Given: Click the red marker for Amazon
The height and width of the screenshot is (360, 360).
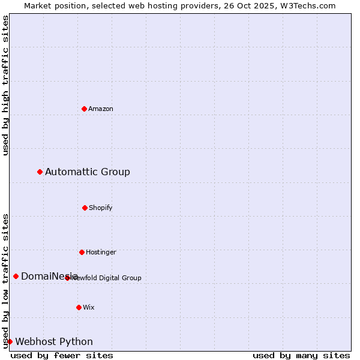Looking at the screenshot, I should pyautogui.click(x=84, y=109).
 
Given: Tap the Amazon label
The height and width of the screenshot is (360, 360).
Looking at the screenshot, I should pyautogui.click(x=101, y=109).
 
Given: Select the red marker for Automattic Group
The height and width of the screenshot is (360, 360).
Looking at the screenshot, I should pyautogui.click(x=40, y=172).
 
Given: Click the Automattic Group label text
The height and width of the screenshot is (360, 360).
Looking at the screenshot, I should pyautogui.click(x=88, y=172).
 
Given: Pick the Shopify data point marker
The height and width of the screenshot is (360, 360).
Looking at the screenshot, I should pyautogui.click(x=85, y=208).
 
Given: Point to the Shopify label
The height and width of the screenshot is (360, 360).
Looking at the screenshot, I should pyautogui.click(x=101, y=208).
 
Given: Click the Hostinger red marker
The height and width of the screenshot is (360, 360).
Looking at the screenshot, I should pyautogui.click(x=82, y=252).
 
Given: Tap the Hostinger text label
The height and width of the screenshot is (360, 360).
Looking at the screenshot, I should pyautogui.click(x=101, y=253).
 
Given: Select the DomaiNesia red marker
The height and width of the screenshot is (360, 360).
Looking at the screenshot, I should pyautogui.click(x=16, y=276).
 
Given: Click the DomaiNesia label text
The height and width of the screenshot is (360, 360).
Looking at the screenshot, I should pyautogui.click(x=45, y=277).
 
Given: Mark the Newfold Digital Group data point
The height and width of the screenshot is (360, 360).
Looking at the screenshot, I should pyautogui.click(x=67, y=278).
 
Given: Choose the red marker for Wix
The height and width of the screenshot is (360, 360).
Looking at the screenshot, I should pyautogui.click(x=79, y=307).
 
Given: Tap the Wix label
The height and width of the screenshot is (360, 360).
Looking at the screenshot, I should pyautogui.click(x=89, y=308).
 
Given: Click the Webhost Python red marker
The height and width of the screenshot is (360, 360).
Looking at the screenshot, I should pyautogui.click(x=10, y=341).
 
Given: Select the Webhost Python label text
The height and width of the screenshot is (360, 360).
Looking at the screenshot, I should pyautogui.click(x=54, y=342).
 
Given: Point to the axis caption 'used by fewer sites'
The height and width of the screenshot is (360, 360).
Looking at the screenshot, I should pyautogui.click(x=62, y=355).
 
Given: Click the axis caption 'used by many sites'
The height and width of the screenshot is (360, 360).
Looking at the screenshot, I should pyautogui.click(x=301, y=355).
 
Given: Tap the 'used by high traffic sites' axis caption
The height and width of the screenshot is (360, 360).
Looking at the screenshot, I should pyautogui.click(x=5, y=85).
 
